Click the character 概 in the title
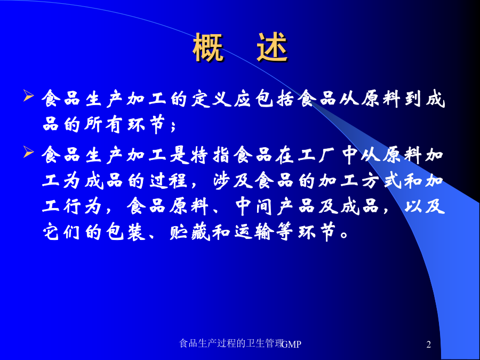pos(208,48)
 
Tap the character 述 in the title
pos(272,48)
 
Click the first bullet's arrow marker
pos(28,96)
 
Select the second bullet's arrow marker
pos(28,152)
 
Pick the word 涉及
pos(233,181)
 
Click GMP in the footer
pos(291,345)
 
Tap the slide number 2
pos(429,345)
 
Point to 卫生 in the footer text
pos(255,343)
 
